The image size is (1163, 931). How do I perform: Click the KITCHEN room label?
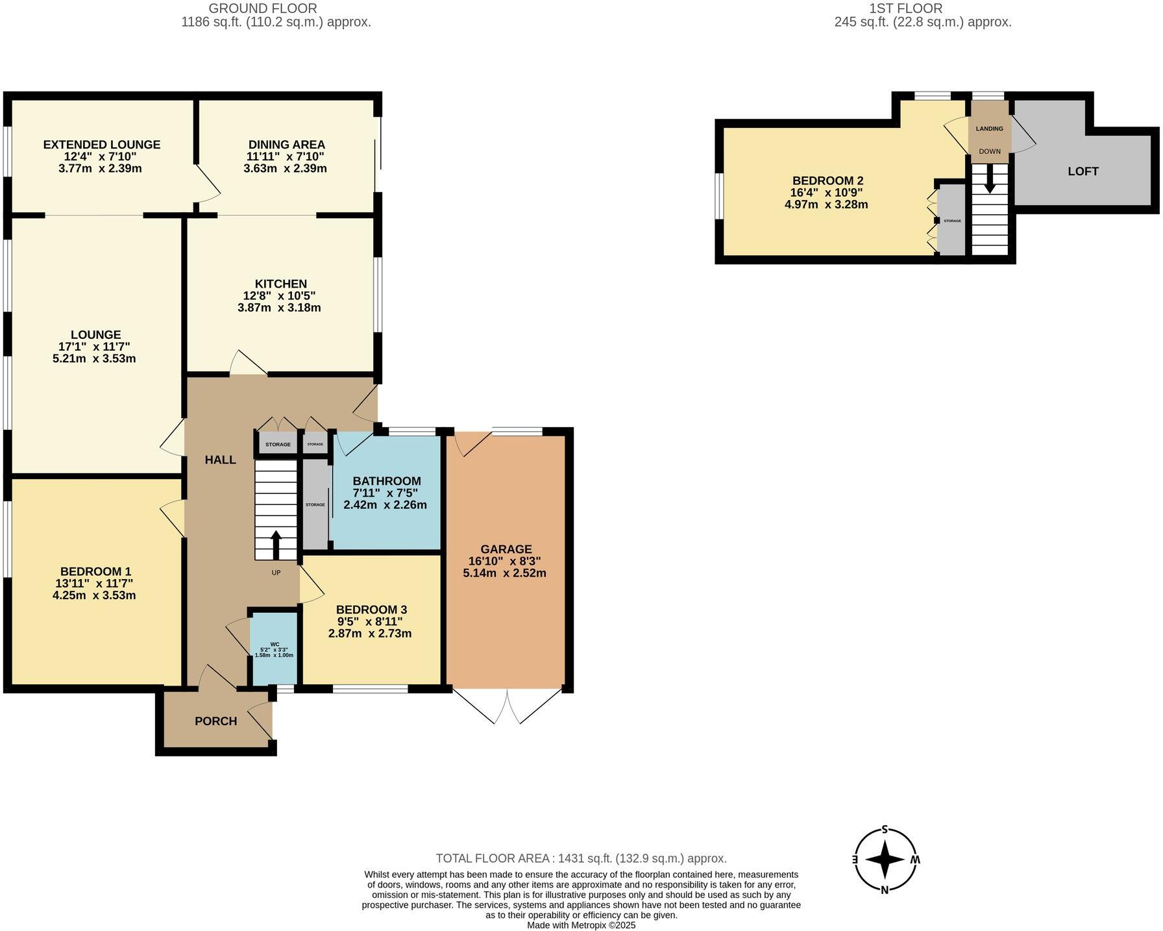(x=280, y=284)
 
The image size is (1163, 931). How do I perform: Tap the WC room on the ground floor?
(x=274, y=649)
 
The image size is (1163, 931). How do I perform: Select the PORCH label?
(x=216, y=721)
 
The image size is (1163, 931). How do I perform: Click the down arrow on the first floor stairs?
(x=990, y=179)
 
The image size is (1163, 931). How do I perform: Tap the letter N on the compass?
(x=884, y=889)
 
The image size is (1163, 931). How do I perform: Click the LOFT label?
(x=1083, y=171)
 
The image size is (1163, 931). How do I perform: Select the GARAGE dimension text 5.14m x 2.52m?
(x=504, y=573)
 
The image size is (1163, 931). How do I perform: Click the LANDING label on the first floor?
(x=989, y=129)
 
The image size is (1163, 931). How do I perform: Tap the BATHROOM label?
(x=387, y=481)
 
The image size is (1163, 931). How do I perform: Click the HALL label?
(x=221, y=460)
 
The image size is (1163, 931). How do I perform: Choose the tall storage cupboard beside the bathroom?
(x=315, y=504)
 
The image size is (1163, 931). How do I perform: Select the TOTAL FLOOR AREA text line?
(x=581, y=858)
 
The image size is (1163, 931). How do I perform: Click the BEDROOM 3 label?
(x=371, y=610)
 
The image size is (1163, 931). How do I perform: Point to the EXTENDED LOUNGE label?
(x=102, y=145)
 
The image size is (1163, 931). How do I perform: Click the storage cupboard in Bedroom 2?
(x=952, y=221)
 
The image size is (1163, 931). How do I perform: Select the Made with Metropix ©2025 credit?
(x=581, y=925)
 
